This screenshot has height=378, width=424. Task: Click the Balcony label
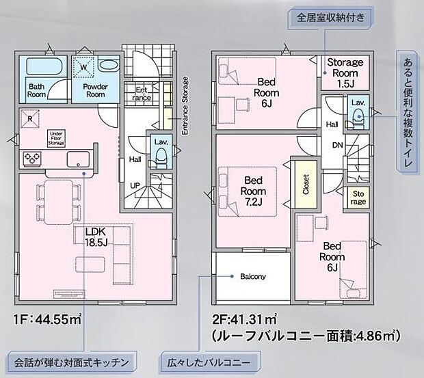[252, 277]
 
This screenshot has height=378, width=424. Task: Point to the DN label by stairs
[337, 146]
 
